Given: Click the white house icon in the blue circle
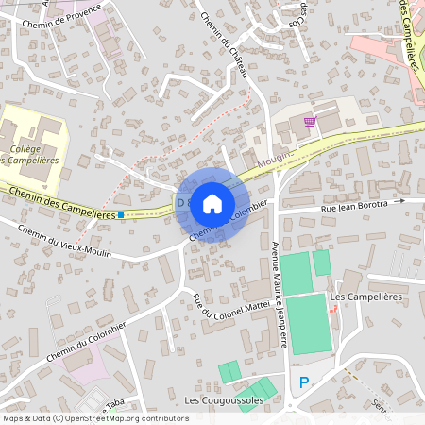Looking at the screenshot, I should pyautogui.click(x=212, y=202).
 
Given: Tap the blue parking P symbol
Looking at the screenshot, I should pyautogui.click(x=304, y=382).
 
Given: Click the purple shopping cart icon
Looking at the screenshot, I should pyautogui.click(x=309, y=122).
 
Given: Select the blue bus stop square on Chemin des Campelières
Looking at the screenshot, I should pyautogui.click(x=121, y=215).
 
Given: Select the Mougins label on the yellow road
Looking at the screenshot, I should pyautogui.click(x=275, y=160).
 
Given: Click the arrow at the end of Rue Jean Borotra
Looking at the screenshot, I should pyautogui.click(x=400, y=200).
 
